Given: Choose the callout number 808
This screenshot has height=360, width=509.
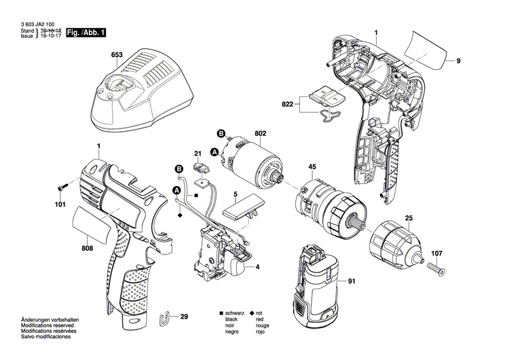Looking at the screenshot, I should coord(87,249).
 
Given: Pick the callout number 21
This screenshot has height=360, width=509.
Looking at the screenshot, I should coord(198,154).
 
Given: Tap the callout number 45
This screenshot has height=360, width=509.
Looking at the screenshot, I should coord(312,166).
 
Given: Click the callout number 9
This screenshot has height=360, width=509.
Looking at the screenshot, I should coord(458,62).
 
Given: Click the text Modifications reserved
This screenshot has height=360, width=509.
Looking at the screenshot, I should coord(45,327).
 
